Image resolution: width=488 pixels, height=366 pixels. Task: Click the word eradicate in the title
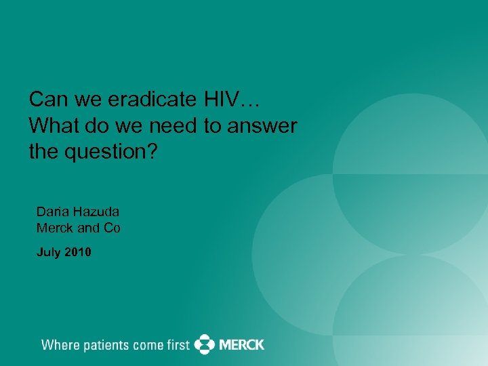(x=148, y=101)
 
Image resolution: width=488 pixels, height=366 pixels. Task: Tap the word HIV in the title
(x=220, y=101)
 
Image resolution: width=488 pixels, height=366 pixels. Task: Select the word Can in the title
(x=46, y=101)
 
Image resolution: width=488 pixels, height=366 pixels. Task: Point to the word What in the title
(x=52, y=126)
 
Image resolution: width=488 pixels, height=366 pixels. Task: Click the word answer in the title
(x=264, y=126)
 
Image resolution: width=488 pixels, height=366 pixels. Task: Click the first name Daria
(x=52, y=211)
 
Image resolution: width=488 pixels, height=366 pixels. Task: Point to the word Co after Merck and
(x=112, y=228)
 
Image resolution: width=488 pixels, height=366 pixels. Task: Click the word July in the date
(x=48, y=253)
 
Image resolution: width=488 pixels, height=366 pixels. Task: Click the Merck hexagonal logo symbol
(x=204, y=344)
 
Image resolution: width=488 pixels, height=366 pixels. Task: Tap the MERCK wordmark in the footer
(x=241, y=344)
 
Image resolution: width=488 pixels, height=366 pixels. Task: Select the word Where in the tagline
(x=60, y=345)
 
